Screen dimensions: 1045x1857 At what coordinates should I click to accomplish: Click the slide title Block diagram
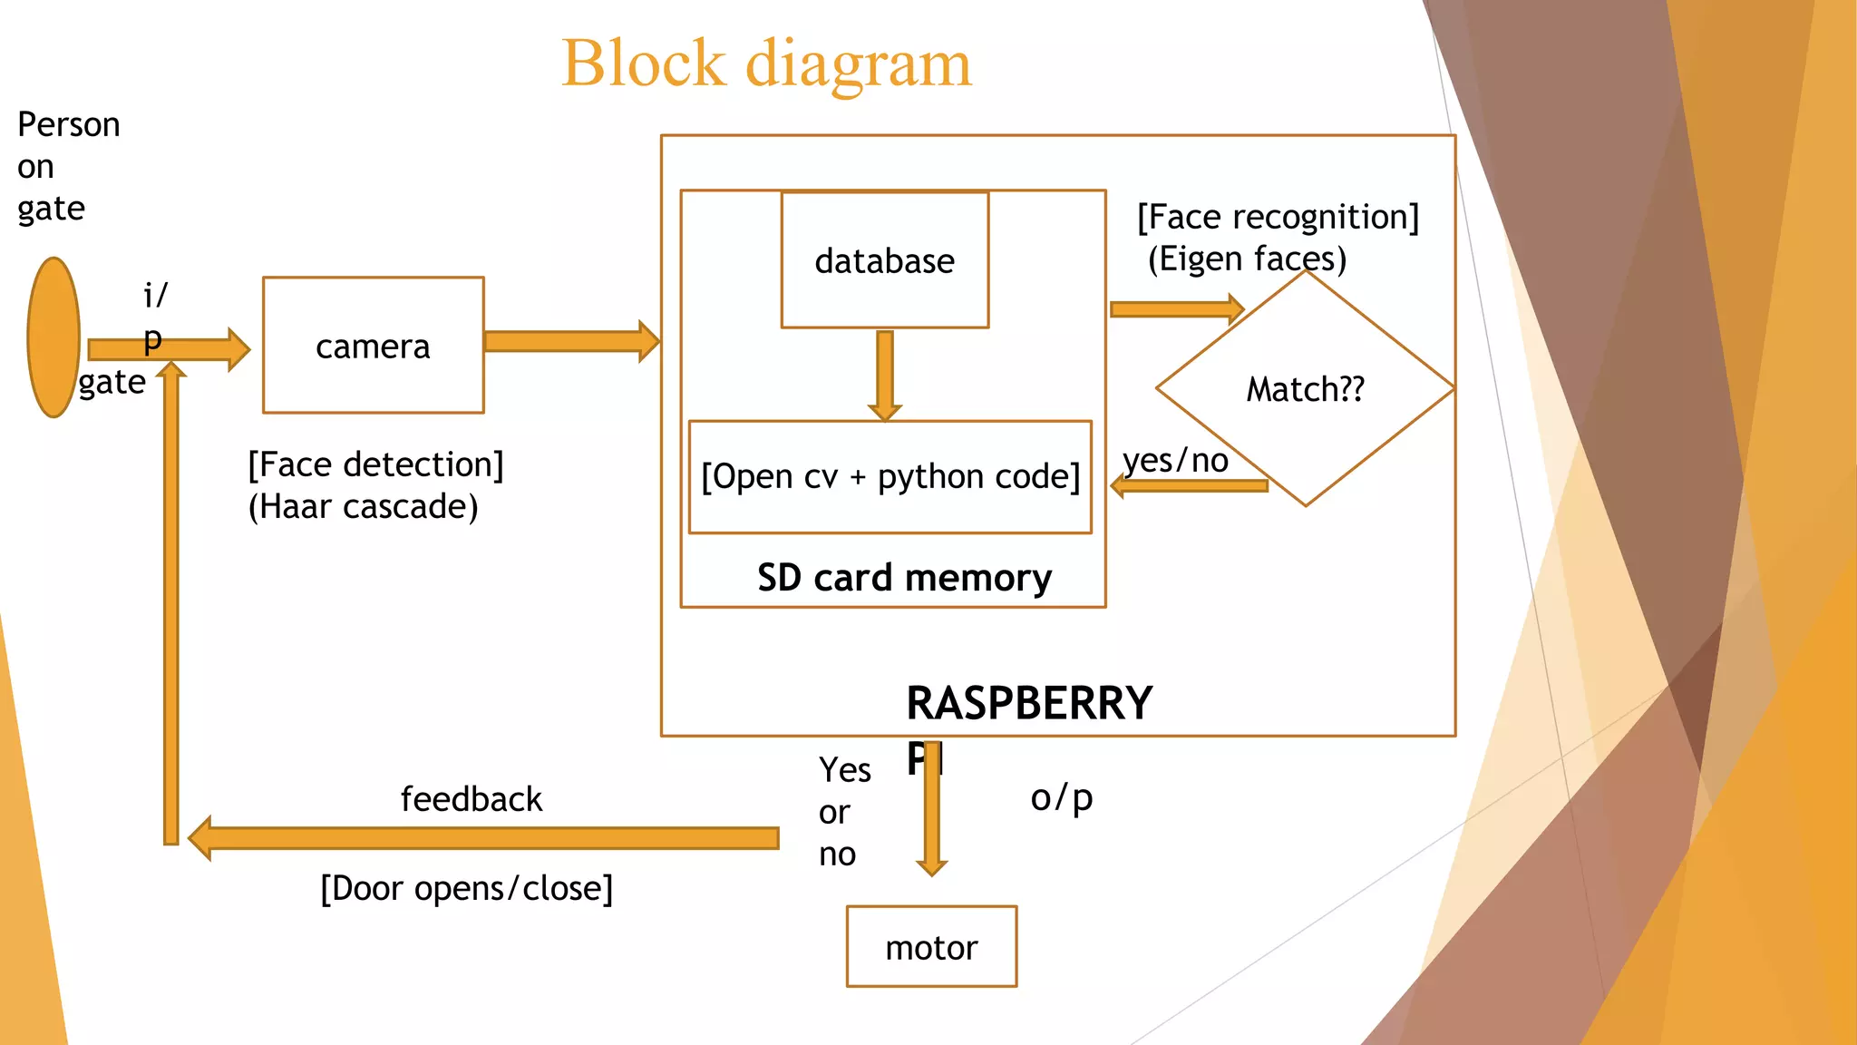click(x=766, y=63)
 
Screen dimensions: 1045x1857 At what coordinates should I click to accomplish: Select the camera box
click(x=373, y=346)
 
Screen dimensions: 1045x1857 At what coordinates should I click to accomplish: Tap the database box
click(x=884, y=260)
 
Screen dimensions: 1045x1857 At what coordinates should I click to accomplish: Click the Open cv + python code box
click(x=890, y=476)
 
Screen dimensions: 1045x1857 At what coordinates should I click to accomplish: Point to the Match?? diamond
click(x=1305, y=389)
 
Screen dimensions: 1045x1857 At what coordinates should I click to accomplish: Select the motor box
click(x=931, y=947)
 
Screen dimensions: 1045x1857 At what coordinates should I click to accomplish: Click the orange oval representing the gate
click(x=53, y=337)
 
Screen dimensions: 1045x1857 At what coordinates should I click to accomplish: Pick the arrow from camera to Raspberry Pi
click(x=571, y=342)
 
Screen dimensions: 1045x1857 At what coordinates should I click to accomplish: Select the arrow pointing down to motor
click(x=931, y=816)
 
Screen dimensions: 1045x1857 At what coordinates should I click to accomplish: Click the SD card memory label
click(x=904, y=578)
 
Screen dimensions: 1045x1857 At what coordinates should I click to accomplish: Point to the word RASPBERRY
click(x=1029, y=703)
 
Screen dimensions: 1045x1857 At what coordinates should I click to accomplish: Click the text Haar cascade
click(x=363, y=507)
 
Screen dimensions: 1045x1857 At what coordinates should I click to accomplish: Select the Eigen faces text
click(x=1247, y=259)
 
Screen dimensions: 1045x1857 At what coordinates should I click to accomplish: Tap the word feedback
click(x=472, y=799)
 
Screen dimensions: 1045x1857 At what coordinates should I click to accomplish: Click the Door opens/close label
click(x=467, y=888)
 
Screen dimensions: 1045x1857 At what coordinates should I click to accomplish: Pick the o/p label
click(x=1061, y=798)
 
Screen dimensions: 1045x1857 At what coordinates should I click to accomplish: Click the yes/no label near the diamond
click(x=1175, y=461)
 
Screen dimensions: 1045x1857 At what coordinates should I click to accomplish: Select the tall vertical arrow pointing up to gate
click(x=170, y=608)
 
